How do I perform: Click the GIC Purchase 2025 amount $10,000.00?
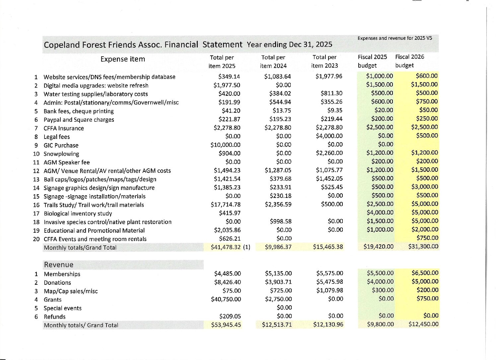click(x=225, y=145)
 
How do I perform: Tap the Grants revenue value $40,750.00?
click(x=226, y=299)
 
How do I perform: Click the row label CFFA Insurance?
click(x=64, y=128)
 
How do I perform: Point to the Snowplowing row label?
click(x=61, y=154)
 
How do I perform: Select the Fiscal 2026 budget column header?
click(x=409, y=61)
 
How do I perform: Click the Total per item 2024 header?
click(x=273, y=61)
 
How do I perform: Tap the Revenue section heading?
click(x=59, y=265)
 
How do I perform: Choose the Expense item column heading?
click(x=123, y=59)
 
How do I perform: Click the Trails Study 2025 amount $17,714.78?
click(x=226, y=205)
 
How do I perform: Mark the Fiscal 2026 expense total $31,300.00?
click(x=423, y=246)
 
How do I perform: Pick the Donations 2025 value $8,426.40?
click(x=227, y=282)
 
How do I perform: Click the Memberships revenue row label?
click(x=62, y=274)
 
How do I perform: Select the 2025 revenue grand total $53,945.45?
click(x=226, y=325)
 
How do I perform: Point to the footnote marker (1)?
click(x=247, y=247)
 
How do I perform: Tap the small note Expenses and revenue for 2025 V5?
click(x=395, y=38)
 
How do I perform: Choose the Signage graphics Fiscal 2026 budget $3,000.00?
click(x=425, y=187)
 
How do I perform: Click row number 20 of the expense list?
click(x=36, y=239)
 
